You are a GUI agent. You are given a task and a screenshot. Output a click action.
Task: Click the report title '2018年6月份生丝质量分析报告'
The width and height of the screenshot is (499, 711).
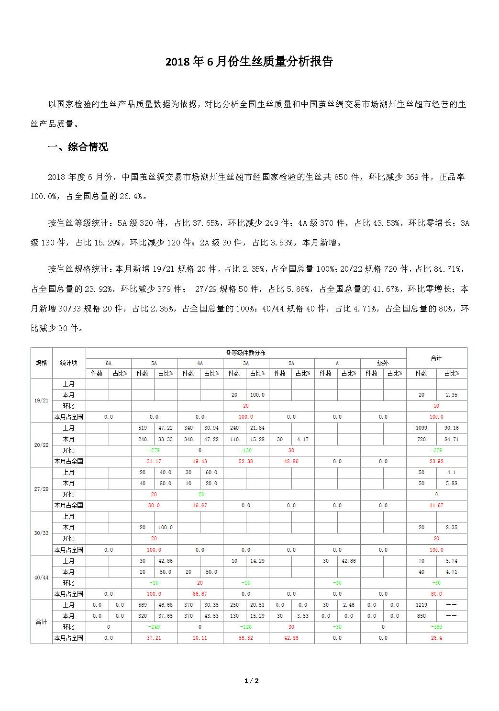[x=249, y=62]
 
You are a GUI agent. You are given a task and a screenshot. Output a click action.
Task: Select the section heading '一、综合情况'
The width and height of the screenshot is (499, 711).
[x=78, y=147]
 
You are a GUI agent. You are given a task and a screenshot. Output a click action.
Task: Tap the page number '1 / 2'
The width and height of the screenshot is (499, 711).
[x=251, y=681]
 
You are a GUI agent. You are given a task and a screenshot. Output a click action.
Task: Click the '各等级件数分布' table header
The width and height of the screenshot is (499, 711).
[x=245, y=353]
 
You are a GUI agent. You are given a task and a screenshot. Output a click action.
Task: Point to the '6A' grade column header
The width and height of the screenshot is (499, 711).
[x=109, y=364]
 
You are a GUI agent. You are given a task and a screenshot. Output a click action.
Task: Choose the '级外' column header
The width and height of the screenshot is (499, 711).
[x=383, y=364]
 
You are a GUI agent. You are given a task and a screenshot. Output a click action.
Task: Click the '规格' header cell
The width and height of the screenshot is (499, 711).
[x=42, y=363]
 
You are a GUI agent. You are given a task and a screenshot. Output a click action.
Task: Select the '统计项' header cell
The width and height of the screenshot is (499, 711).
[x=68, y=363]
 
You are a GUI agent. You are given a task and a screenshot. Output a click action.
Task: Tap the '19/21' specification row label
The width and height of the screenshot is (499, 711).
[x=42, y=400]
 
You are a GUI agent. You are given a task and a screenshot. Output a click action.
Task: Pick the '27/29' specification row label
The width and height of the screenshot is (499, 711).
[x=42, y=489]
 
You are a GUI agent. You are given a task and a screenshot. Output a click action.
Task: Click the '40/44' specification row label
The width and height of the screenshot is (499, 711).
[x=42, y=578]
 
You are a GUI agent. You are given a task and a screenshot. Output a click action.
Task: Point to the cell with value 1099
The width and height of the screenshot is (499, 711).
[x=421, y=428]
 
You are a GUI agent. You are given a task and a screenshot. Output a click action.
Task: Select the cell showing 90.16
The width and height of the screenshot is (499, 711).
[x=451, y=428]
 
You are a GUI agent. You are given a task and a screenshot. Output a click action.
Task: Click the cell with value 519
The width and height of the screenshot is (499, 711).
[x=143, y=428]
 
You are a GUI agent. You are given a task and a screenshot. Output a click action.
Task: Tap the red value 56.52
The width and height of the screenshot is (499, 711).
[x=245, y=638]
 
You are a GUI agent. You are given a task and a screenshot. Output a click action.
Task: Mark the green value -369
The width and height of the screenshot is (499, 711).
[x=436, y=627]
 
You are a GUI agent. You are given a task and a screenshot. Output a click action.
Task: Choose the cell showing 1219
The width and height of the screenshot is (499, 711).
[x=421, y=605]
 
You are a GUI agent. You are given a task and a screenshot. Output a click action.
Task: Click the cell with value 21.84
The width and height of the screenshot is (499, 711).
[x=257, y=428]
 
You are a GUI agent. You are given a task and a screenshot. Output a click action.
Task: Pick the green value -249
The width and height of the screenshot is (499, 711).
[x=154, y=627]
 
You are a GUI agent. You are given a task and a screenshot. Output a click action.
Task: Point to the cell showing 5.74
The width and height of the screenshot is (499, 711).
[x=451, y=561]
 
